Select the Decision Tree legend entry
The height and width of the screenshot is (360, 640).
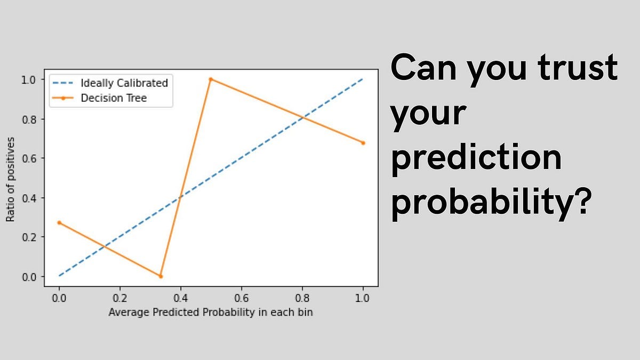click(x=113, y=98)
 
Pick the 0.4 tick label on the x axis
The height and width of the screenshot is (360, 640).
click(x=181, y=297)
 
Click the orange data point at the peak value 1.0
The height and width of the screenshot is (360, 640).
click(x=211, y=79)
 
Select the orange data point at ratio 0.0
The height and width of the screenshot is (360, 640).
click(x=161, y=276)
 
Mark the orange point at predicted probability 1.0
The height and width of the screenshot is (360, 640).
click(x=363, y=143)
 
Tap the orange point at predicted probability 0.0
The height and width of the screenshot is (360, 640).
click(x=59, y=222)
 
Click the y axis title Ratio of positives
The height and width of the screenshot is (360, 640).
click(x=10, y=178)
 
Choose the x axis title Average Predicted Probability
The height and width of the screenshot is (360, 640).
click(x=211, y=313)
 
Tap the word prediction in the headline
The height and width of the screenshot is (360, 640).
click(x=476, y=159)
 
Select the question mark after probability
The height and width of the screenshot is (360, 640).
click(x=580, y=200)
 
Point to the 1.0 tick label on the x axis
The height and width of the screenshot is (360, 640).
click(x=363, y=297)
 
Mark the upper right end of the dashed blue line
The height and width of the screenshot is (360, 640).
click(x=363, y=79)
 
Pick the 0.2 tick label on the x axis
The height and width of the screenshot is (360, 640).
click(x=120, y=297)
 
